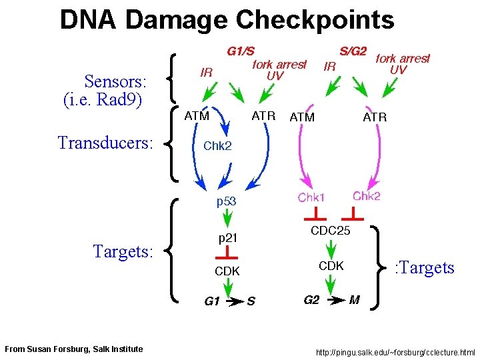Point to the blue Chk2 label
tap(217, 147)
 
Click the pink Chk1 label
tap(311, 197)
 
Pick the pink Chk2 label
tap(367, 196)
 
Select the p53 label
tap(226, 200)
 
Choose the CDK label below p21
tap(227, 271)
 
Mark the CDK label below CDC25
tap(331, 265)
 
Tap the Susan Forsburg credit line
tap(73, 349)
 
